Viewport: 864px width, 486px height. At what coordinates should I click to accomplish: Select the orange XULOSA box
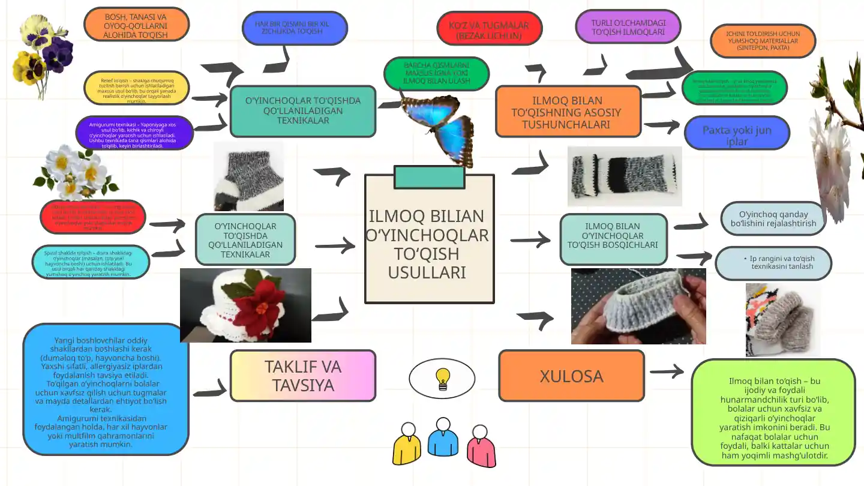(571, 376)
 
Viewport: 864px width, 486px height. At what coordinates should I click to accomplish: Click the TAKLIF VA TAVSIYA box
(303, 376)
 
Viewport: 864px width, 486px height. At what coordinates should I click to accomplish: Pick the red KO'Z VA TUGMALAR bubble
(489, 29)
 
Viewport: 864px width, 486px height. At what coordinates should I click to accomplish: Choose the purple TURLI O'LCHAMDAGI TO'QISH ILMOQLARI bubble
(628, 27)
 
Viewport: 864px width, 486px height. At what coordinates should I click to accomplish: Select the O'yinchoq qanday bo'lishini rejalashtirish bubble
(773, 218)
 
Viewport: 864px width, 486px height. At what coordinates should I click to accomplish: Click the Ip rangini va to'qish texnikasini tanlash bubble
(773, 263)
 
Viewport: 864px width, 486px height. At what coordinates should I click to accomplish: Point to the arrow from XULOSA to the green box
(667, 372)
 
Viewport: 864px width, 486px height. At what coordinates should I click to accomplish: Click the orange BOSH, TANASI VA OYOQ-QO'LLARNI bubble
(136, 25)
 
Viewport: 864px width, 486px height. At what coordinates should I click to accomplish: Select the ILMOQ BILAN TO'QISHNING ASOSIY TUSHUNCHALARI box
(568, 112)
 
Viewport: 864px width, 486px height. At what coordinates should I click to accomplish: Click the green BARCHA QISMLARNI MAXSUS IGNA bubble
(436, 73)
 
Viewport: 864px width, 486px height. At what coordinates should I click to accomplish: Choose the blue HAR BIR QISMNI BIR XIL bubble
(295, 28)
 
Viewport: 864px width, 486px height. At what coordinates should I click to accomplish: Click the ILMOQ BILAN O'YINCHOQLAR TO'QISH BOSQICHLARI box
(613, 239)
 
